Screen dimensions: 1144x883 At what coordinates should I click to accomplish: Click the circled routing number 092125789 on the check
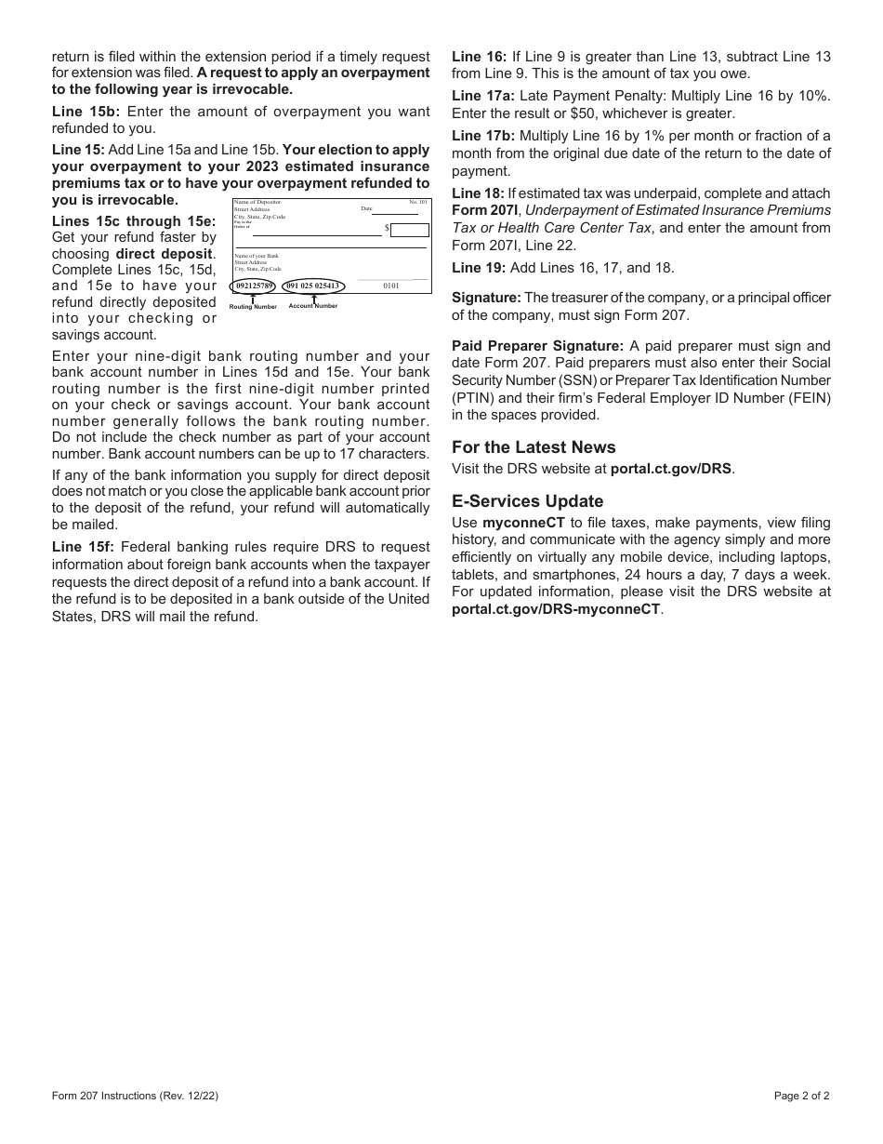pos(254,286)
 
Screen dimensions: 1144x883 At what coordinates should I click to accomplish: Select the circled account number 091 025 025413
pos(313,286)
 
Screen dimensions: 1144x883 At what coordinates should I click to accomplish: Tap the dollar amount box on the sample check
pos(410,230)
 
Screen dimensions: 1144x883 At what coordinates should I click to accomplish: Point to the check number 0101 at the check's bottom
pos(391,286)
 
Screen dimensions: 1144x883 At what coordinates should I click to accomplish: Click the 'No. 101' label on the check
pos(418,202)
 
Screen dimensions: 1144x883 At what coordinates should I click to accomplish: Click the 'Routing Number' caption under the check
pos(253,306)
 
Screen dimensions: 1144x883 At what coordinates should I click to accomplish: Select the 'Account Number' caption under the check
pos(313,305)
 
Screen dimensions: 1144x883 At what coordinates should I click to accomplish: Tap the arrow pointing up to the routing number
pos(253,298)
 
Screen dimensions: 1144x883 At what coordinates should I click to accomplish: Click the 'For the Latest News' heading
pos(534,447)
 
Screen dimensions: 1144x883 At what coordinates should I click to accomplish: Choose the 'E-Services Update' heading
pos(527,501)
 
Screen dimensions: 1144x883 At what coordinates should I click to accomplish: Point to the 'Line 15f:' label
pos(83,547)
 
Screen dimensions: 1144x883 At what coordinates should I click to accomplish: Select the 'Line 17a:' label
pos(483,96)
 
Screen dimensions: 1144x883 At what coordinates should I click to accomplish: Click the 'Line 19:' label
pos(479,268)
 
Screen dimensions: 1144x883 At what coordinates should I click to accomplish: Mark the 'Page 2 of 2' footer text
pos(801,1096)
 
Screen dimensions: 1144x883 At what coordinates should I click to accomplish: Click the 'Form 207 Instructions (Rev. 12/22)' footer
pos(136,1096)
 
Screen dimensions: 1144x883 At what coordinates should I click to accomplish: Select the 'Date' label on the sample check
pos(366,209)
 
